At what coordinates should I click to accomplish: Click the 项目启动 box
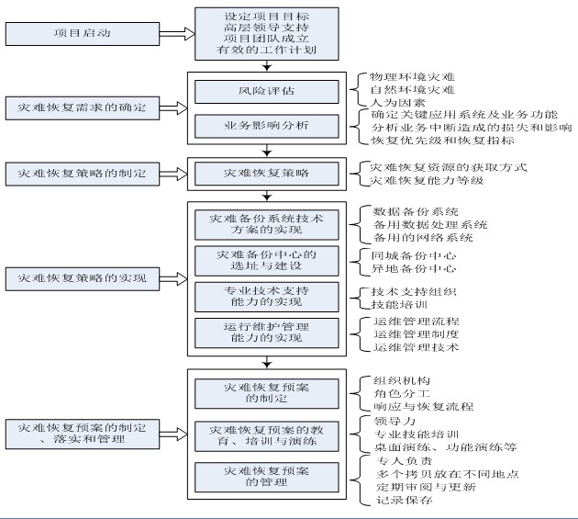[83, 34]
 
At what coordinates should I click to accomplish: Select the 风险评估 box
[266, 92]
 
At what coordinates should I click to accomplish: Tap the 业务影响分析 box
[266, 126]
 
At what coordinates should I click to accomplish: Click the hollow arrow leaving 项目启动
[177, 34]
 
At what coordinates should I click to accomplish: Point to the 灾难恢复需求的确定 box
[83, 108]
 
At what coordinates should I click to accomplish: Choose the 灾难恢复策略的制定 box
[83, 174]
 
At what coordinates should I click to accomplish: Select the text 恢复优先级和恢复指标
[443, 141]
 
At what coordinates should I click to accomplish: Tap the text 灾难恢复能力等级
[427, 181]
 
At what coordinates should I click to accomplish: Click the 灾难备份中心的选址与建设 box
[266, 261]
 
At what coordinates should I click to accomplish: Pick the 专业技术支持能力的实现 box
[266, 297]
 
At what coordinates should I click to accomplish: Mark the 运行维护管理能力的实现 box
[266, 333]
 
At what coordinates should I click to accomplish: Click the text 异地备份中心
[414, 269]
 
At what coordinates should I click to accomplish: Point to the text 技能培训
[399, 305]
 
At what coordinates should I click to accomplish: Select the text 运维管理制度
[417, 334]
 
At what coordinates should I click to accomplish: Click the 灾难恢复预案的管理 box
[266, 477]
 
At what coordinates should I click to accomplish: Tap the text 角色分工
[402, 394]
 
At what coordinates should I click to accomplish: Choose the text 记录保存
[405, 501]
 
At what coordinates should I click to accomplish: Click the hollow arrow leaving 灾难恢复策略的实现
[173, 278]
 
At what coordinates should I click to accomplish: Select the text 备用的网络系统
[423, 237]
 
